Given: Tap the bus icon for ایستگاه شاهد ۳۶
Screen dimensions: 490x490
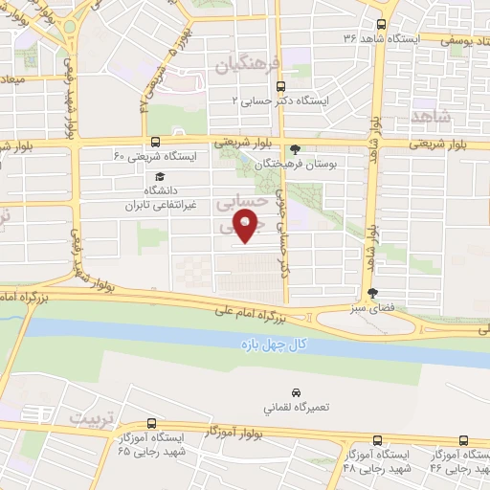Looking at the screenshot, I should [x=382, y=25].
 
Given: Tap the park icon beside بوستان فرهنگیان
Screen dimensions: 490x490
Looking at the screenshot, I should [x=295, y=148].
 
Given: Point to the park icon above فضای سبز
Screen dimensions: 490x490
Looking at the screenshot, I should [x=372, y=294].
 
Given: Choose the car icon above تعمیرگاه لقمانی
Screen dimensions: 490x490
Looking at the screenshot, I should [x=297, y=392].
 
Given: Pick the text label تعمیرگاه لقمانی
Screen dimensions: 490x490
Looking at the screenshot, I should [x=297, y=407].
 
